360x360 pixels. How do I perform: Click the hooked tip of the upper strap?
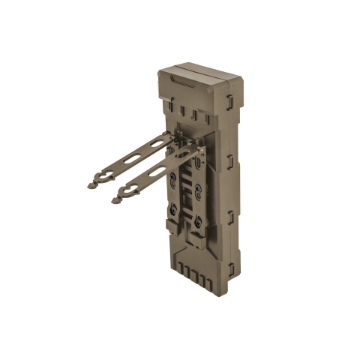(92, 182)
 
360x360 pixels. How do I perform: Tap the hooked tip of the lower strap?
(115, 199)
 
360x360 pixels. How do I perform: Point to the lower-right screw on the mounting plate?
(198, 220)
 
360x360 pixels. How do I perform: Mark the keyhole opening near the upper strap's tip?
(104, 174)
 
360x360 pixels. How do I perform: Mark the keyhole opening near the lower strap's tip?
(127, 190)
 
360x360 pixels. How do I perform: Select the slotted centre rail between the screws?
(187, 196)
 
